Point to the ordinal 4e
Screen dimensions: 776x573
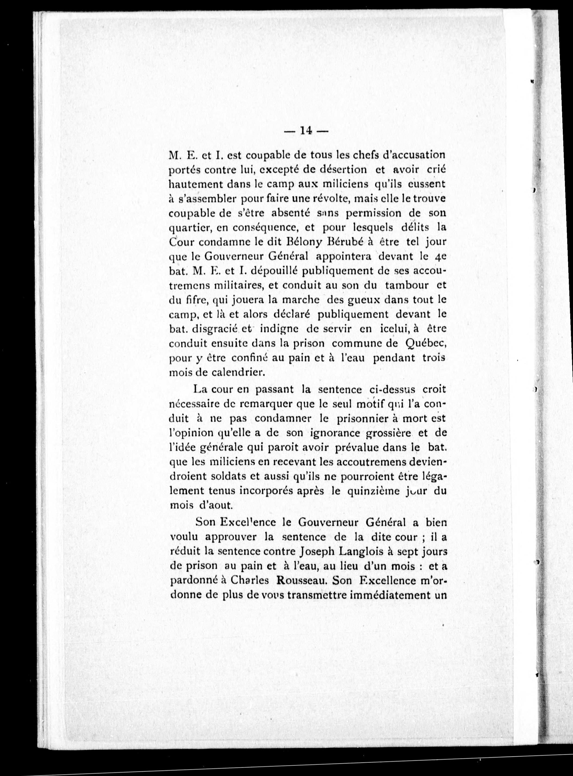(x=439, y=257)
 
